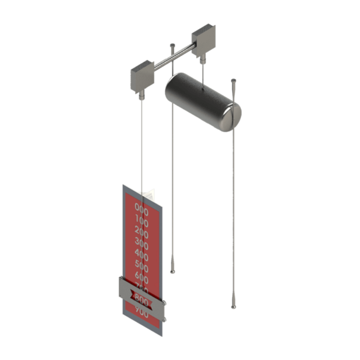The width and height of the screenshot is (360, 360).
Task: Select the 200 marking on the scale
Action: pos(142,232)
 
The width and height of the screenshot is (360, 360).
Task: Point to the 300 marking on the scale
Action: pos(142,243)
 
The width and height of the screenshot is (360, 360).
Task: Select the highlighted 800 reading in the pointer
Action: pos(141,298)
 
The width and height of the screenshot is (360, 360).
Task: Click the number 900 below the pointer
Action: pos(141,311)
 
